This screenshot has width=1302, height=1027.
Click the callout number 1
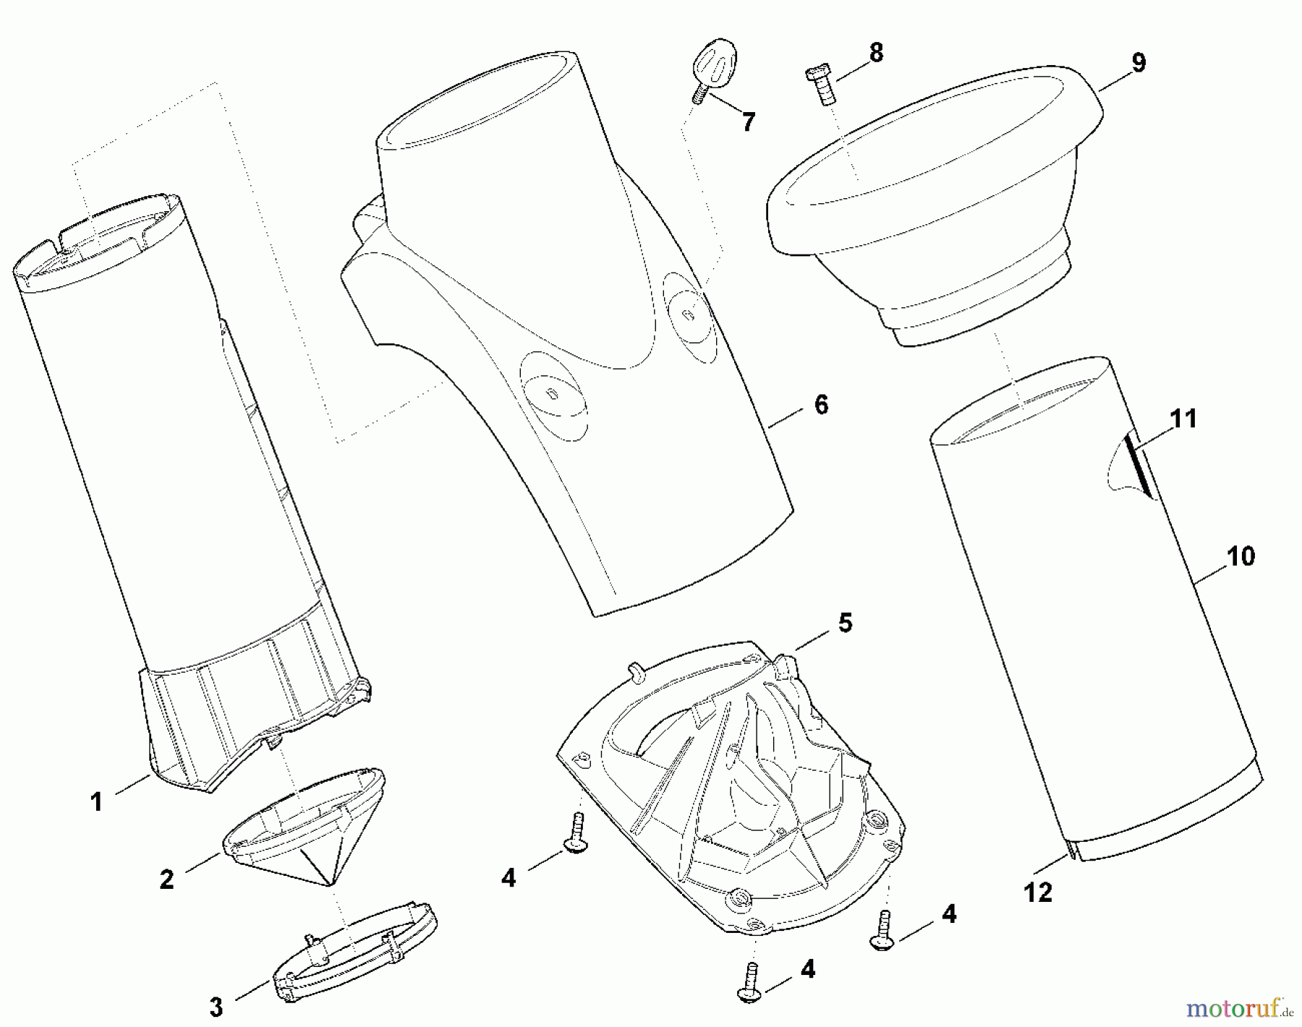96,802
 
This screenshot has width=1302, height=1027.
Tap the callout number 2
167,879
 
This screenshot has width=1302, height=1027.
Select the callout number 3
216,1006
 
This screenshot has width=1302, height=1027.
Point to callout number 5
845,623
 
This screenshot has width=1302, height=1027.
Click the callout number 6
821,404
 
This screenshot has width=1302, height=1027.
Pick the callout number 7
748,122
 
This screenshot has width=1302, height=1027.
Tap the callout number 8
876,53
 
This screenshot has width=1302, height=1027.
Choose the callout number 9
1139,63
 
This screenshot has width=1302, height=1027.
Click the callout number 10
1241,557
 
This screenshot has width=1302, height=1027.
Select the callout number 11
1183,419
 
